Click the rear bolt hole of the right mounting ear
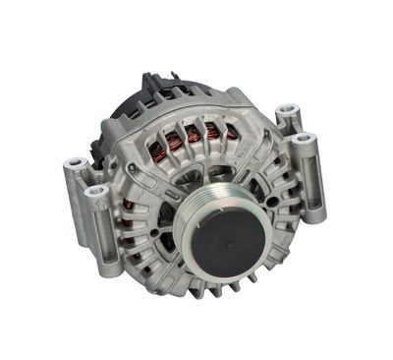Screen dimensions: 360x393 pos(286,111)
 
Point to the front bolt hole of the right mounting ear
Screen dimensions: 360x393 pos(304,138)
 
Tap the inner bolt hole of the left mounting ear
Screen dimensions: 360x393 pos(96,192)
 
